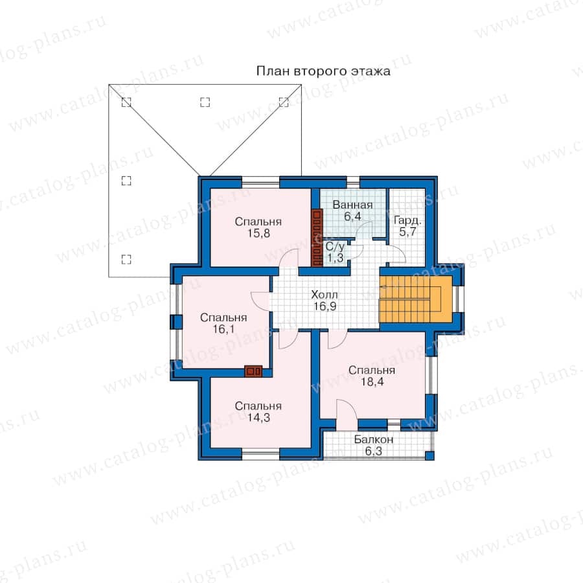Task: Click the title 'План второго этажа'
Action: [x=323, y=71]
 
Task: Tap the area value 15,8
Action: [x=258, y=233]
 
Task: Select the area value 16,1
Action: [x=223, y=329]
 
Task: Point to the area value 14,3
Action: [x=258, y=418]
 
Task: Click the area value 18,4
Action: [x=372, y=382]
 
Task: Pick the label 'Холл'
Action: [x=325, y=295]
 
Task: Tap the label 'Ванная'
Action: [x=352, y=205]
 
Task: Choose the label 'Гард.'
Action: [x=407, y=220]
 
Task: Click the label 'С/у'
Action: [x=335, y=247]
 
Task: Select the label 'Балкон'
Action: [x=373, y=439]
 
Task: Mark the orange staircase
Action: [x=416, y=299]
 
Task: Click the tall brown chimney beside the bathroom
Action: [x=317, y=238]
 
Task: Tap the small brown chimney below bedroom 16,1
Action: [x=253, y=371]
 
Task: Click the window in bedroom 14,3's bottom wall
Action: [x=260, y=453]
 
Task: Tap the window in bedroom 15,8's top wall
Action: [x=260, y=183]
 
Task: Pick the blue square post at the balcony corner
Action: [x=429, y=455]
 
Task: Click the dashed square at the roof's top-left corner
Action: [x=126, y=102]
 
